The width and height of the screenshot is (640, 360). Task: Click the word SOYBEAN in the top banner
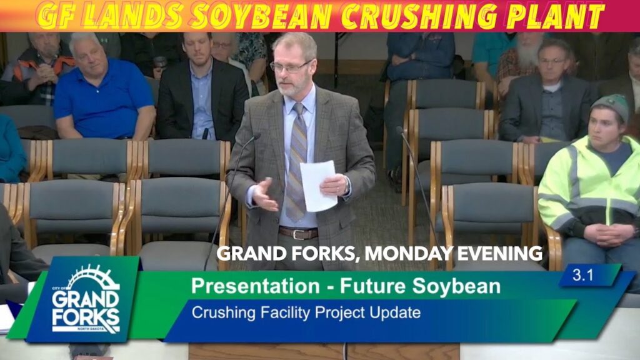[262, 16]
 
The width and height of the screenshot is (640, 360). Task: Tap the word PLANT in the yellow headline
[555, 16]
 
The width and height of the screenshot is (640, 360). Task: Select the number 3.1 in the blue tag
[582, 275]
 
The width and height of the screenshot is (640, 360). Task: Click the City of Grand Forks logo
[86, 299]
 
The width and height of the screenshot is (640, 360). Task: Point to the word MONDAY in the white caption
[408, 254]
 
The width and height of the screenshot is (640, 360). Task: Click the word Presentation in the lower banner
[256, 286]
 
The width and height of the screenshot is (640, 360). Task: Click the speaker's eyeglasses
[290, 66]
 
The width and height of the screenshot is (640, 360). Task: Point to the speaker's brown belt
[298, 233]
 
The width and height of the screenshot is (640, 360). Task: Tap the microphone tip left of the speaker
[256, 136]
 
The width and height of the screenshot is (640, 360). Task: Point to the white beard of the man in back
[529, 55]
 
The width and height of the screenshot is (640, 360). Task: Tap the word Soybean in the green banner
[456, 286]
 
